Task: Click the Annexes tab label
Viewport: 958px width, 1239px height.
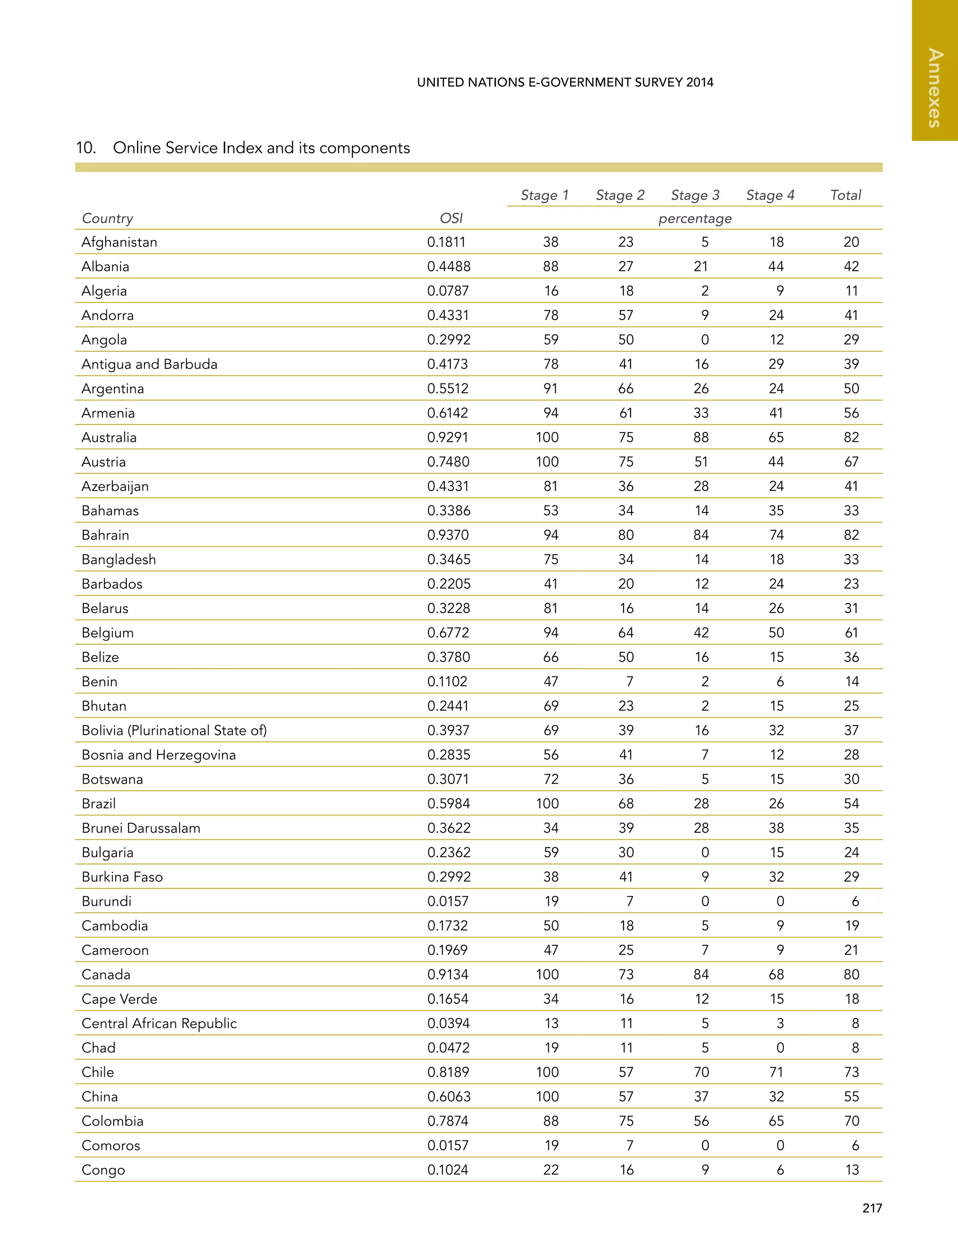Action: (935, 88)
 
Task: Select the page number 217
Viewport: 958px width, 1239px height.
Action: (872, 1208)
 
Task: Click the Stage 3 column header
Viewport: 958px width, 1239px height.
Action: (695, 195)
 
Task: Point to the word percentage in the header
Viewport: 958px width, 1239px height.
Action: (695, 218)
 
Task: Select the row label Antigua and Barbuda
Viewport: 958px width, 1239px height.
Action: (149, 364)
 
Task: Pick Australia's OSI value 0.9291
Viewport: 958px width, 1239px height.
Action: (448, 438)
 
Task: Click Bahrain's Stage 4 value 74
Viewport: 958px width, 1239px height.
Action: (776, 535)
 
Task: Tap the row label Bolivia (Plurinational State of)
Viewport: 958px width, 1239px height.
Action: (174, 730)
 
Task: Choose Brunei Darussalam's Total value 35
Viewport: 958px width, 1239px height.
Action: (851, 828)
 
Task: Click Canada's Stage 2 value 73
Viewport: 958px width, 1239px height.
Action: (625, 974)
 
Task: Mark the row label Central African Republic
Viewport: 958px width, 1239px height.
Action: (159, 1023)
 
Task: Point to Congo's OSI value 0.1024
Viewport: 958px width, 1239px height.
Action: (447, 1170)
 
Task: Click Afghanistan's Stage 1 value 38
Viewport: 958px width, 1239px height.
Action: (551, 242)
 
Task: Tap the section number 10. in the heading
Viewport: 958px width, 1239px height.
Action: (86, 148)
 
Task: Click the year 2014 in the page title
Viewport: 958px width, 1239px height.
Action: (699, 82)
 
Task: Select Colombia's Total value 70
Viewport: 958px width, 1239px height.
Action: (851, 1121)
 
